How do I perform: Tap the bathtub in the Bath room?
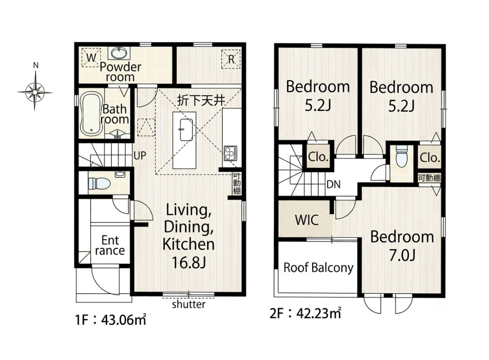[91, 114]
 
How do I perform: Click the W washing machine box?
[91, 57]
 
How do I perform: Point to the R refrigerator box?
[231, 59]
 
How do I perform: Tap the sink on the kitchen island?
[187, 129]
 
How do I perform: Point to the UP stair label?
[140, 155]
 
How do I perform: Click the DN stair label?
[333, 185]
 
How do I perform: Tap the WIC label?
[307, 220]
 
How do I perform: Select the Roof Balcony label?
[318, 267]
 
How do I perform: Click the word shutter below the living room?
[188, 304]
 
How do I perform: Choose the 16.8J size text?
[188, 263]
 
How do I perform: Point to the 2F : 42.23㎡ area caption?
[305, 313]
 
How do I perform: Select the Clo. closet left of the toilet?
[318, 157]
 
